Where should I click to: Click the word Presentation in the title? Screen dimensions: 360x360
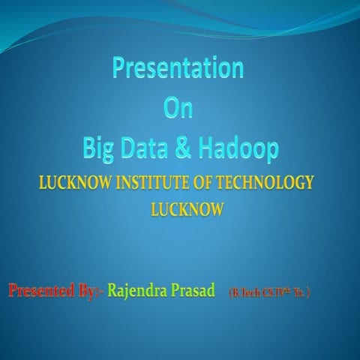pos(178,69)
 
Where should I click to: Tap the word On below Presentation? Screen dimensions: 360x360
pos(178,109)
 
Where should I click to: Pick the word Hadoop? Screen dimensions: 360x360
pos(238,148)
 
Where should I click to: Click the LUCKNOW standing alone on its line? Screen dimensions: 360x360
pos(187,210)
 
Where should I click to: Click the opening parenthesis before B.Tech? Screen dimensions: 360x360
pos(231,292)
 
